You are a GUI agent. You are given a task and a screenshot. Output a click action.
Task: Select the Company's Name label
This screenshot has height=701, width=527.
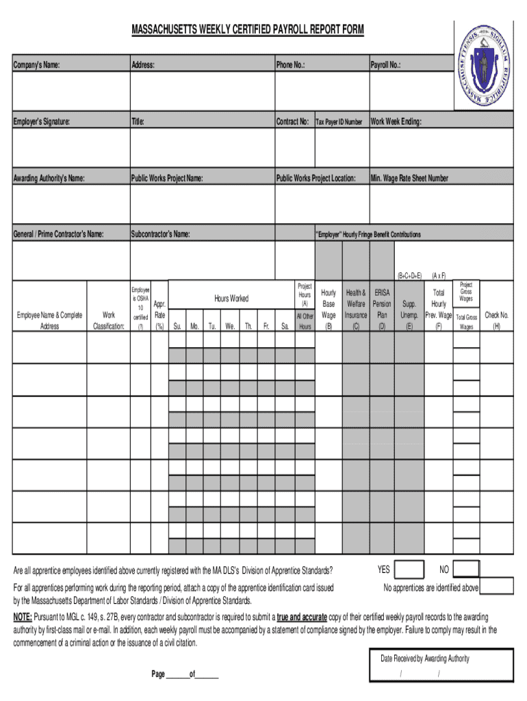coord(36,65)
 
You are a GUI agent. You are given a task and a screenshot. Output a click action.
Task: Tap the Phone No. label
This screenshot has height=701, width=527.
coord(290,65)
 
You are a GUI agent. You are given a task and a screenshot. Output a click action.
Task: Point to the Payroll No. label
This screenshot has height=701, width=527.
coord(385,65)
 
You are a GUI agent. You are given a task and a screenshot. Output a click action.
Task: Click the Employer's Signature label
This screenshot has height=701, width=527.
coord(41,122)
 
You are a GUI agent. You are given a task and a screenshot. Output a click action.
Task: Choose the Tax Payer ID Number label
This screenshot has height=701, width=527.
coord(339,123)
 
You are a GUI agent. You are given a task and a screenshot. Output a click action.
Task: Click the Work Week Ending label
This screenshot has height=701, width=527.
coord(396,122)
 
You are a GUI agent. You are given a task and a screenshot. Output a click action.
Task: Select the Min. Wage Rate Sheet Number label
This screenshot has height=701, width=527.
coord(409,178)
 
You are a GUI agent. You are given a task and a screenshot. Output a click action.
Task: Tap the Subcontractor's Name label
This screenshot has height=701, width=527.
coord(160,235)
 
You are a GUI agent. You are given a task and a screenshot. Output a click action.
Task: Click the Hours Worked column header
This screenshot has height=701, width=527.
coord(231,298)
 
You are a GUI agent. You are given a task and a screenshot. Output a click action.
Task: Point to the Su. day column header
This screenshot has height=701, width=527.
coord(177,327)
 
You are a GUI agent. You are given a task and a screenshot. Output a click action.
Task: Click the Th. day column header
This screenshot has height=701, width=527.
coord(248,327)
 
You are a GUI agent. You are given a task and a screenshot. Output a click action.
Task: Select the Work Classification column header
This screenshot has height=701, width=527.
coord(108,320)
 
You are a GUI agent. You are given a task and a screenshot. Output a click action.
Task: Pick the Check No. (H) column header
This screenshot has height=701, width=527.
coord(496,320)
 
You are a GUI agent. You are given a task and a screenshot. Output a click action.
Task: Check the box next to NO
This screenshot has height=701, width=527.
coord(466,570)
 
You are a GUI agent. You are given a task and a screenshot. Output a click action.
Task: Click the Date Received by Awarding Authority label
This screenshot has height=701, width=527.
coord(425,659)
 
